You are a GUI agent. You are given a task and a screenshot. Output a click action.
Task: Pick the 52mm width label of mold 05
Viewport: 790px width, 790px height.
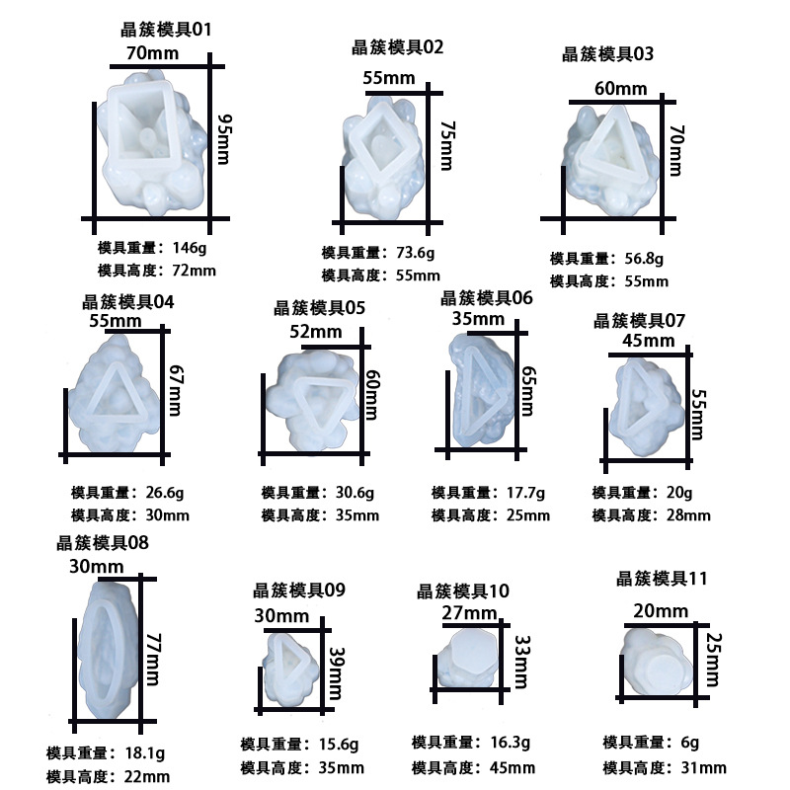click(313, 334)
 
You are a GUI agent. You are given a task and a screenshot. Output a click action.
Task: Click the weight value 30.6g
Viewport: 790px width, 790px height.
click(359, 492)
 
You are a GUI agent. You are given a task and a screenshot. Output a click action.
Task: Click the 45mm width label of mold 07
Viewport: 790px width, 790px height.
click(649, 342)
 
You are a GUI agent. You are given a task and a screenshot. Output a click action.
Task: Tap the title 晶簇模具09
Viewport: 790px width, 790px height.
click(299, 591)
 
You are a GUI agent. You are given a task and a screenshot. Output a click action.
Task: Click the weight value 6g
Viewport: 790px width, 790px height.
click(688, 743)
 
